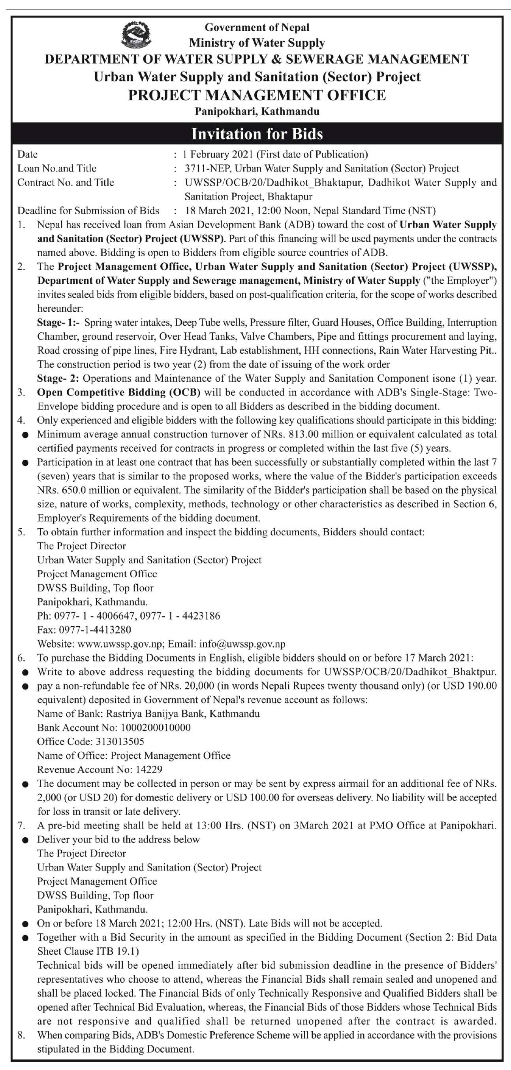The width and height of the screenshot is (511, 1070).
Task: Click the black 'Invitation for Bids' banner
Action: (257, 134)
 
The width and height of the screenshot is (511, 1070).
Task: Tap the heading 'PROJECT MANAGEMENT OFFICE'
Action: (257, 95)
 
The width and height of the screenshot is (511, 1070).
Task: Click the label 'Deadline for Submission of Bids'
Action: (88, 211)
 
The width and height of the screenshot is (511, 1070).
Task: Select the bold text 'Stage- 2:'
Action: (58, 379)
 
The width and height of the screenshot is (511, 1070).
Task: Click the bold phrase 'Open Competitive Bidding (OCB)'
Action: (119, 392)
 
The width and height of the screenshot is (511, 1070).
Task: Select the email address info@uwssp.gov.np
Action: (242, 644)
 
